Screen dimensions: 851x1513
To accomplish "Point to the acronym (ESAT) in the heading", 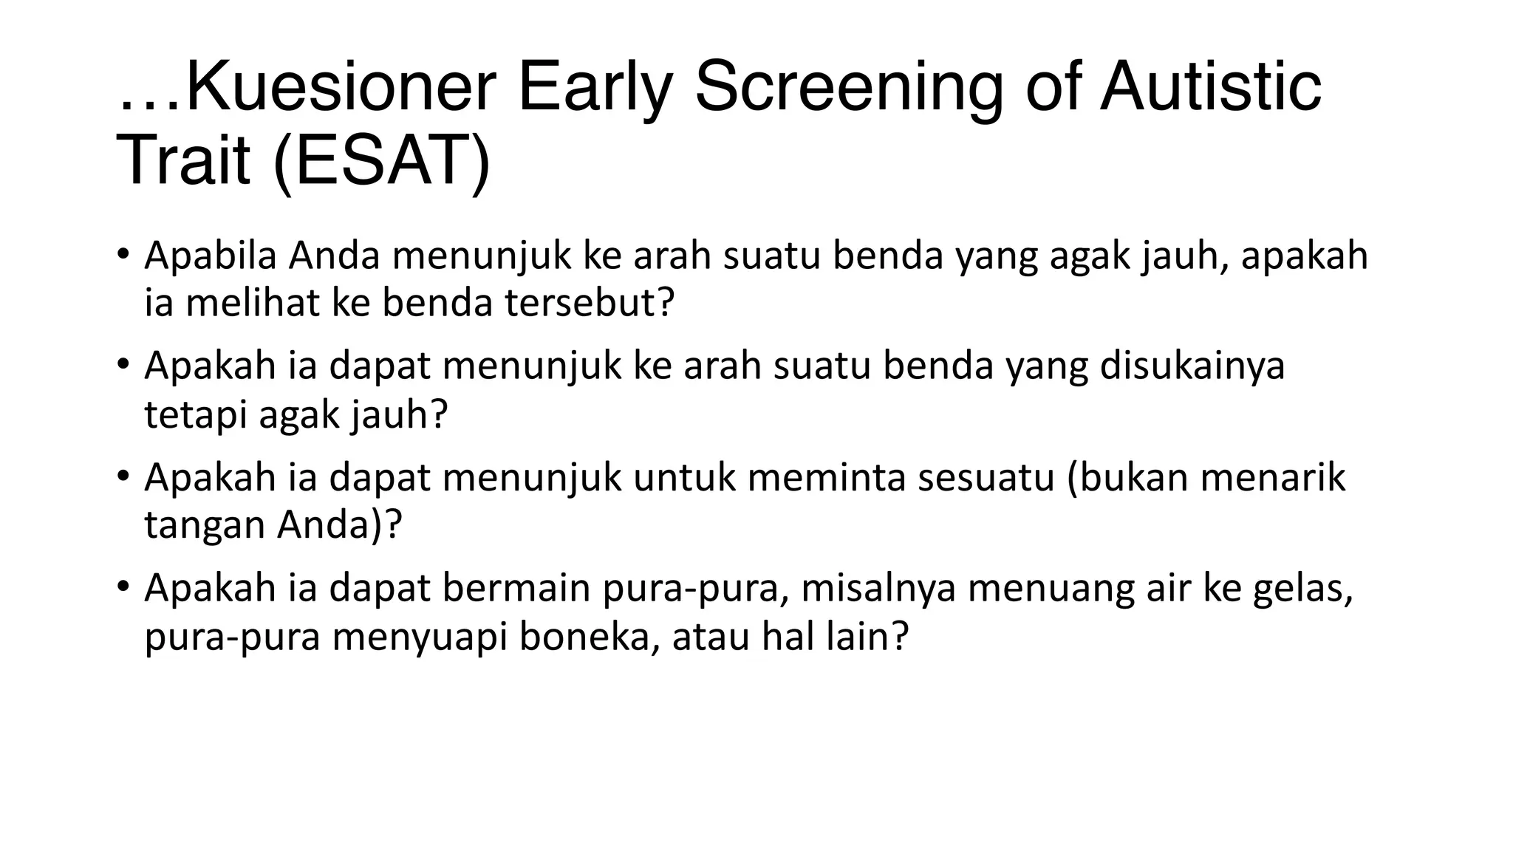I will [x=381, y=161].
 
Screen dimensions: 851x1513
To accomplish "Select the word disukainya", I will [x=1192, y=366].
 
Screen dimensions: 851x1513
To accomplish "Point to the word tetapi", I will [x=196, y=414].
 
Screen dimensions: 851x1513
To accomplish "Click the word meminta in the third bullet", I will [x=827, y=477].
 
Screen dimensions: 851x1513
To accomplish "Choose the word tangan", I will [x=205, y=525].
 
